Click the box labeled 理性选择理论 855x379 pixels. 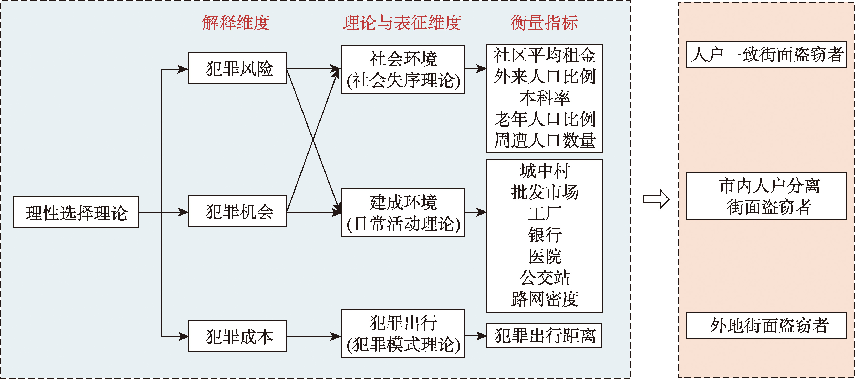(76, 212)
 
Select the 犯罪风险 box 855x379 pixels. (237, 68)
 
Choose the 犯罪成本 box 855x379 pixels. (237, 336)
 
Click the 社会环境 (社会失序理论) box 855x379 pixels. (403, 69)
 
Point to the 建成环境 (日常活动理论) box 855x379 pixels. (403, 213)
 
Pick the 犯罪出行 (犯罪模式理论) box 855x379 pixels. (403, 333)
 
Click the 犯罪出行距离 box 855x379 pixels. (544, 335)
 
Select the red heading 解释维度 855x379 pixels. (236, 23)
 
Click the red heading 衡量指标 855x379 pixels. (544, 23)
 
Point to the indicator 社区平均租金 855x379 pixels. (544, 55)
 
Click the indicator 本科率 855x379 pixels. (544, 98)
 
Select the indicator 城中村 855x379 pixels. (544, 171)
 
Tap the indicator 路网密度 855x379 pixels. (544, 299)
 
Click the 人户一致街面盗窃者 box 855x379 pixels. (766, 55)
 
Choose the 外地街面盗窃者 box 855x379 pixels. (766, 325)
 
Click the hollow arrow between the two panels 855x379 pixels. (656, 199)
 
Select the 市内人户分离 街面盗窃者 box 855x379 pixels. (766, 196)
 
